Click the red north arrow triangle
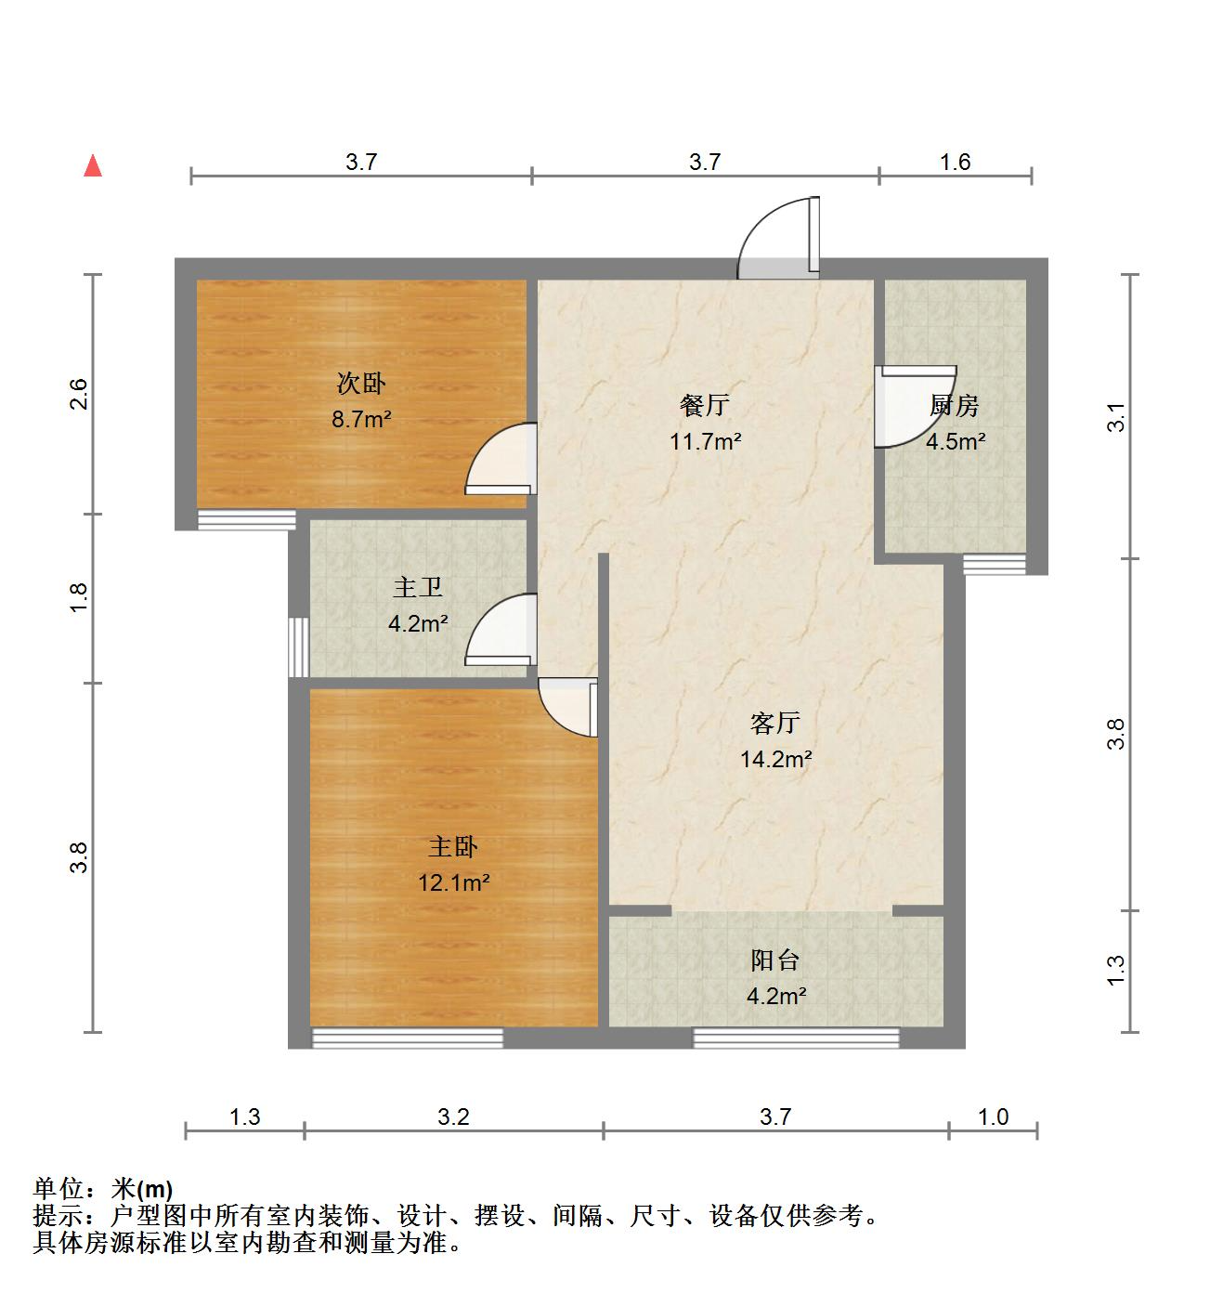coord(93,166)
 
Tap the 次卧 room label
coord(361,383)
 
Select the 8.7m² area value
coord(361,419)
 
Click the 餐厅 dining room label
coord(705,405)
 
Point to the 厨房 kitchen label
coord(955,405)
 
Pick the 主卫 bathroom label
coord(418,587)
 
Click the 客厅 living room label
coord(775,723)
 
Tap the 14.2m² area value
coord(775,759)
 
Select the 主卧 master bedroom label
coord(453,846)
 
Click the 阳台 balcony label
coord(775,960)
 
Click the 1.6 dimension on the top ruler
coord(955,162)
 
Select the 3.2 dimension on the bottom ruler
coord(453,1117)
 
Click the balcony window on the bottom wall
coord(797,1037)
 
